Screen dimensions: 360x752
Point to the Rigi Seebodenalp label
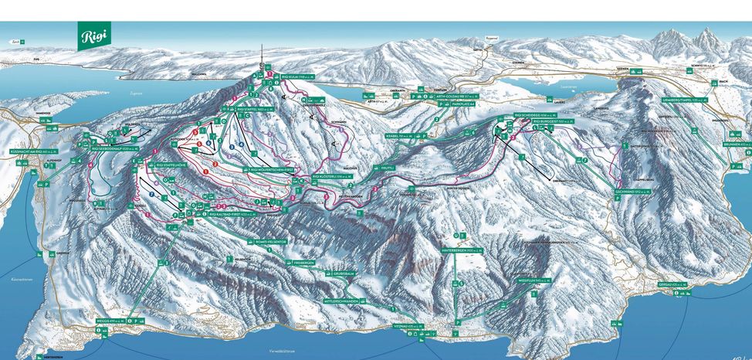click(115, 148)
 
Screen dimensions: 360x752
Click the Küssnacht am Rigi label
click(30, 151)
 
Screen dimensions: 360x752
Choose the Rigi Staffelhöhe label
click(164, 165)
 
